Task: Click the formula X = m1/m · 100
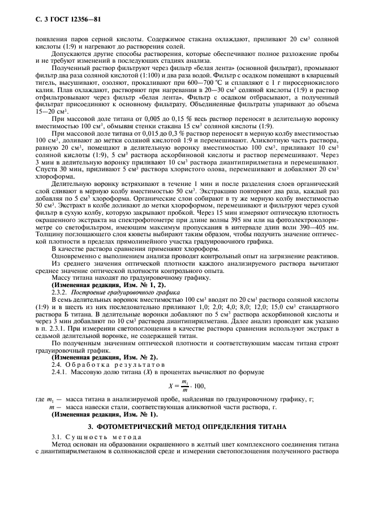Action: pos(187,387)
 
